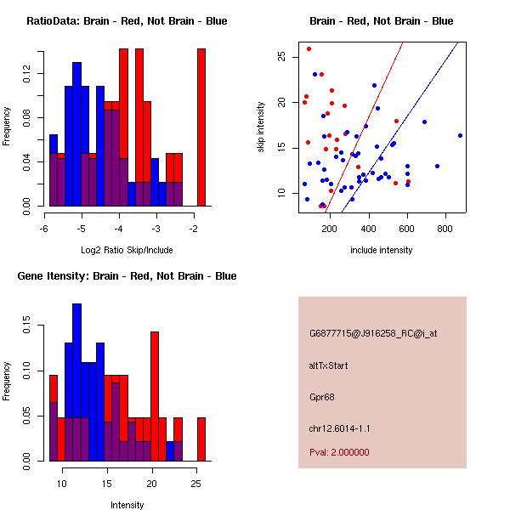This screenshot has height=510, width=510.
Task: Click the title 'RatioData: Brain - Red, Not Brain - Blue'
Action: [x=127, y=21]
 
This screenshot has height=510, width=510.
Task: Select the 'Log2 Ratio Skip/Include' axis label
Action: [x=127, y=250]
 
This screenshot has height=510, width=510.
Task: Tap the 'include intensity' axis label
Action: [x=381, y=250]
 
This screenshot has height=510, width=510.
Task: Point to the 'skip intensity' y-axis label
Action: [x=261, y=127]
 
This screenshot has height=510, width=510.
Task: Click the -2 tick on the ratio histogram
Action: [x=194, y=229]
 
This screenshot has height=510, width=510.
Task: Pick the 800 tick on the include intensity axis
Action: [x=445, y=229]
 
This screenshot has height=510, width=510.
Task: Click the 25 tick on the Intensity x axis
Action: [x=196, y=484]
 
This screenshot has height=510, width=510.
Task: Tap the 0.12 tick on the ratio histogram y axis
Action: [x=26, y=73]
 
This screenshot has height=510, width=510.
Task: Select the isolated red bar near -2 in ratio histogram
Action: [x=201, y=127]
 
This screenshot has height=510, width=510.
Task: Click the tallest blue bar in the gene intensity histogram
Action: [x=77, y=382]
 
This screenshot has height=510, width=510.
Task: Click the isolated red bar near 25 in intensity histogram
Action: [x=201, y=439]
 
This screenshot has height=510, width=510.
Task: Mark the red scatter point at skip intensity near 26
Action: [x=309, y=48]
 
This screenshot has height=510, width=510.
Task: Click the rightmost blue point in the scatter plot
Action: [x=460, y=136]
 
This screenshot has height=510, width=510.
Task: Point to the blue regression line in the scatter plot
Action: [x=400, y=127]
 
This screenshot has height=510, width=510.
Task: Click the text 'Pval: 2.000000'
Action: [x=339, y=452]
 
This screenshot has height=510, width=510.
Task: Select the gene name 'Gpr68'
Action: [x=321, y=397]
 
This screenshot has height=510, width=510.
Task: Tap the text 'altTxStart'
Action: [x=328, y=365]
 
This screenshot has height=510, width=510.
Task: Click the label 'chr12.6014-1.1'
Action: [x=339, y=428]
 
